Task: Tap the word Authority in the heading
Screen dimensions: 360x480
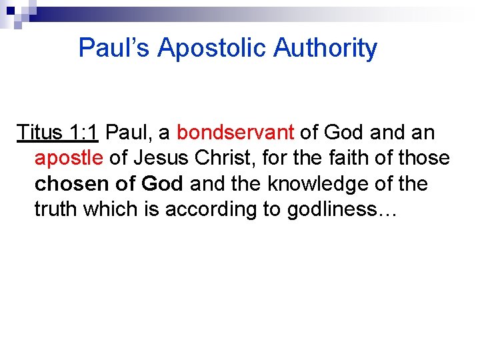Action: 325,49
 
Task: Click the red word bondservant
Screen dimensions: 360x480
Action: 235,133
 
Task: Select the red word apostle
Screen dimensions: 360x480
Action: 69,159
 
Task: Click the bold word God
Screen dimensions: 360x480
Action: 161,184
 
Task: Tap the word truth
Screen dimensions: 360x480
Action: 55,209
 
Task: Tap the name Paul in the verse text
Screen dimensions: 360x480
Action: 128,133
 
